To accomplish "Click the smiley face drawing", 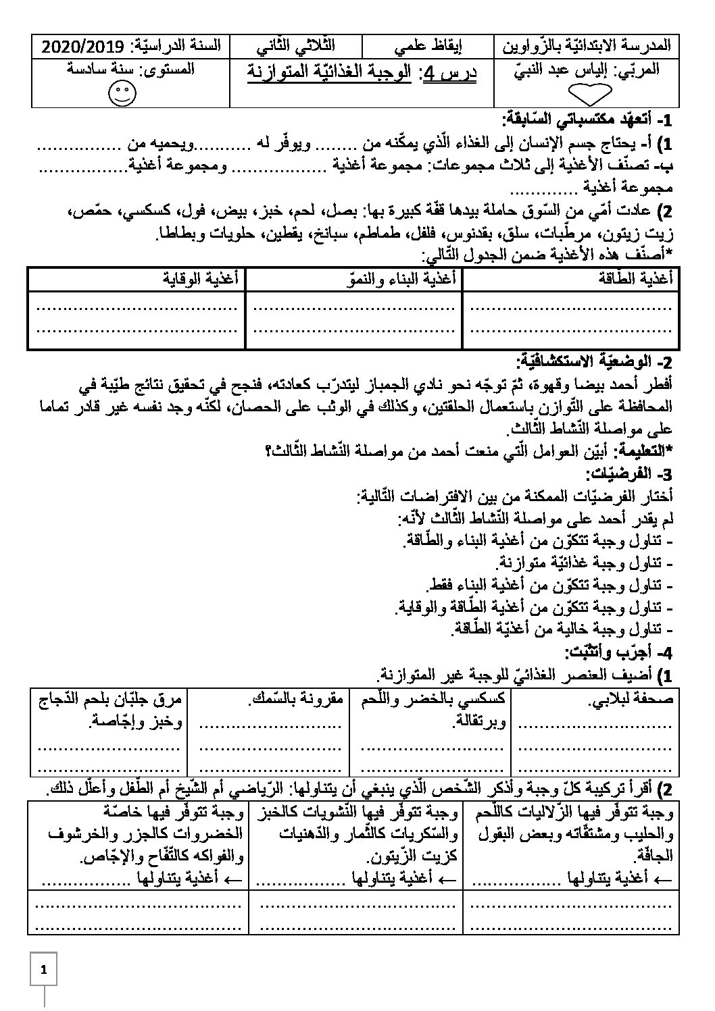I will pyautogui.click(x=122, y=94).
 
